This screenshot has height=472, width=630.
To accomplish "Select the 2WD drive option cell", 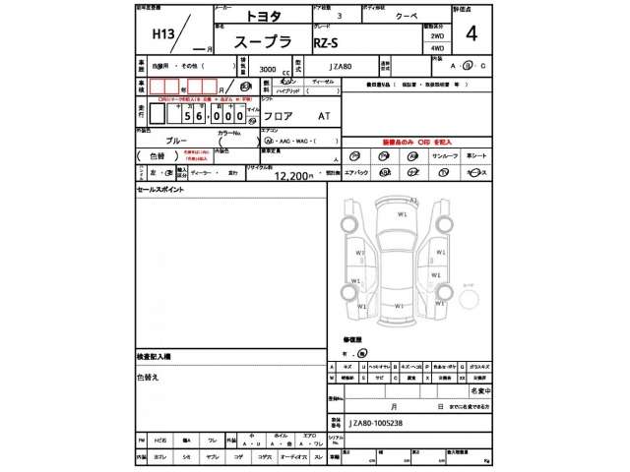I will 437,33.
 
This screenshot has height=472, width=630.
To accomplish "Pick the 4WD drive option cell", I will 437,47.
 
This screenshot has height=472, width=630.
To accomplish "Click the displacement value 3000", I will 267,71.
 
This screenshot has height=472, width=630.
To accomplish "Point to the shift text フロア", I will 278,115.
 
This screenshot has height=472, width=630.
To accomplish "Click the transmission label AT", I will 324,115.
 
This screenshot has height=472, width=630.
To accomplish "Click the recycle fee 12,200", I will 292,175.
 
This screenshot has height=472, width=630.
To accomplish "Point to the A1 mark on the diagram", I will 414,200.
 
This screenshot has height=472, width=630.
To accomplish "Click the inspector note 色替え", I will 148,376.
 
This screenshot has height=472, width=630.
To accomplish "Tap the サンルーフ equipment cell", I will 444,155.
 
